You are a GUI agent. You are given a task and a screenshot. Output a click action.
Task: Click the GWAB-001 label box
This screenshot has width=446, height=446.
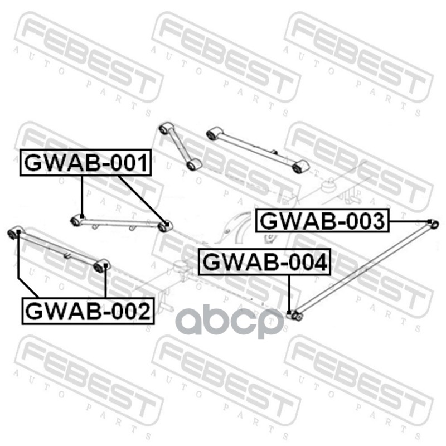click(x=86, y=163)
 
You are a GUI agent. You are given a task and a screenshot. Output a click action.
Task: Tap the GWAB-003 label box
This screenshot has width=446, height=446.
click(x=322, y=221)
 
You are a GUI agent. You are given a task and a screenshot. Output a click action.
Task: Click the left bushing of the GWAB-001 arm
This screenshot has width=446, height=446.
click(x=76, y=221)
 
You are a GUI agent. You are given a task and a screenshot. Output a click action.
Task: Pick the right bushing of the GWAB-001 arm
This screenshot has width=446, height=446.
click(x=164, y=226)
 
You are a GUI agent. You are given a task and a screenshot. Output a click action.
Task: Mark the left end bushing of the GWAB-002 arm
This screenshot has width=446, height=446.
click(x=15, y=231)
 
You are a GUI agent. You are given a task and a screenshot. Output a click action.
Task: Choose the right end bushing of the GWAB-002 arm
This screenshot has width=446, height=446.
click(x=101, y=266)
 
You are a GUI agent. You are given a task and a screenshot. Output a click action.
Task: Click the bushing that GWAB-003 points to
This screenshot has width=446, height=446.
click(x=434, y=224)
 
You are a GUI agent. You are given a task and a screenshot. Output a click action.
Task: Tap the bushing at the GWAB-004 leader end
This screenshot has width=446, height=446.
click(x=297, y=316)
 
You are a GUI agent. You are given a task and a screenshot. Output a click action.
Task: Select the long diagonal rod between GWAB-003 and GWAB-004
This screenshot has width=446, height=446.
click(x=365, y=270)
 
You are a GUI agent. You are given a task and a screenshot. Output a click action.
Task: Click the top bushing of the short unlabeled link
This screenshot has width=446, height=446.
click(x=164, y=129)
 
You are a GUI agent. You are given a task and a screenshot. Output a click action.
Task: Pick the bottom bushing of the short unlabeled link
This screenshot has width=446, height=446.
click(x=193, y=164)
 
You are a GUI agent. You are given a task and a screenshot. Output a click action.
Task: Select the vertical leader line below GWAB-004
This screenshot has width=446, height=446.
click(x=289, y=293)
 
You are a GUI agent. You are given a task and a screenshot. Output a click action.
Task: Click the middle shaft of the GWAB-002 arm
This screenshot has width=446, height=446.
click(x=59, y=249)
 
